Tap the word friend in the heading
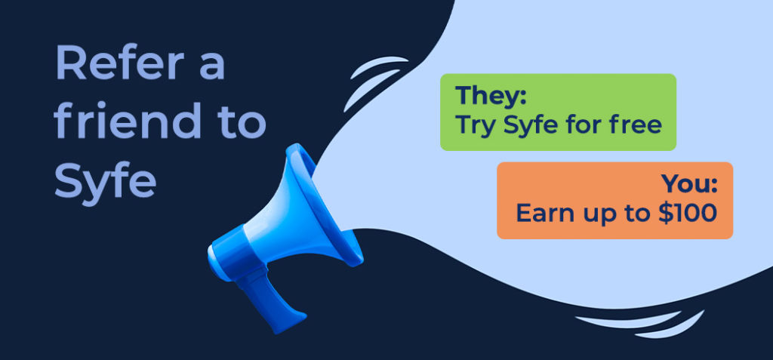click(x=128, y=119)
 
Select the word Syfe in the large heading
click(x=105, y=179)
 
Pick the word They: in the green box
click(x=491, y=94)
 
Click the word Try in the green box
click(x=476, y=125)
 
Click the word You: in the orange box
click(x=689, y=183)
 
